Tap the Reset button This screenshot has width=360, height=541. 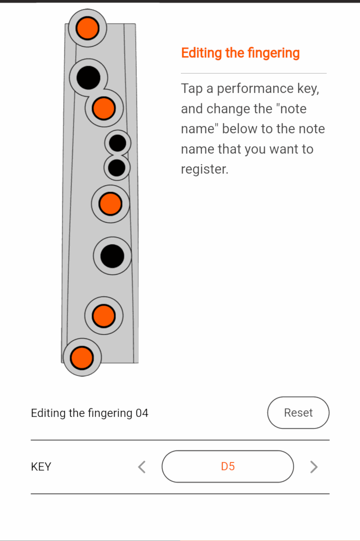pyautogui.click(x=298, y=413)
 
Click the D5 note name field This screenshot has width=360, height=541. pyautogui.click(x=228, y=466)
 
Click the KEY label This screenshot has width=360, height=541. pyautogui.click(x=41, y=467)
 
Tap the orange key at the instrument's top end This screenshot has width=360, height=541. pyautogui.click(x=87, y=28)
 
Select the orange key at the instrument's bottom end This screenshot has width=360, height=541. pyautogui.click(x=82, y=357)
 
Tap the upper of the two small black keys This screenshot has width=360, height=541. pyautogui.click(x=118, y=143)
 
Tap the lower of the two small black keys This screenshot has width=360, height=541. pyautogui.click(x=117, y=168)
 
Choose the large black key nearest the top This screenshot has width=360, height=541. pyautogui.click(x=88, y=78)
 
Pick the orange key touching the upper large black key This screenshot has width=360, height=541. pyautogui.click(x=104, y=108)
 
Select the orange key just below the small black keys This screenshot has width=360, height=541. pyautogui.click(x=110, y=204)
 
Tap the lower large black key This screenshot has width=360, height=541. pyautogui.click(x=112, y=256)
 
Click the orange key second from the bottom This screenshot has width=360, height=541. pyautogui.click(x=104, y=316)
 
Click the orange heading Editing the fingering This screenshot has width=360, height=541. pyautogui.click(x=240, y=53)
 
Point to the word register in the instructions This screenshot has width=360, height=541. pyautogui.click(x=204, y=169)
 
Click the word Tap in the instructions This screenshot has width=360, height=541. pyautogui.click(x=191, y=89)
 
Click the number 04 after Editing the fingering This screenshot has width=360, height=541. pyautogui.click(x=142, y=413)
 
